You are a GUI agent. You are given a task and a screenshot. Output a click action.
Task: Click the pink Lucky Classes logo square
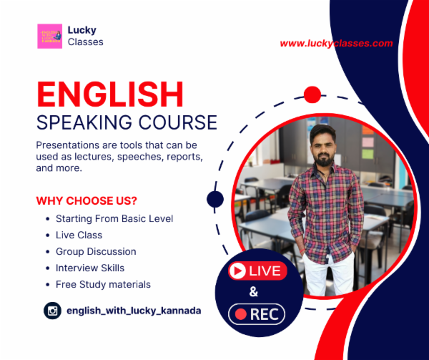[x=49, y=36]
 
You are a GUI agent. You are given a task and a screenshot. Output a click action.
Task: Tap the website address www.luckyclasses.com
[x=336, y=44]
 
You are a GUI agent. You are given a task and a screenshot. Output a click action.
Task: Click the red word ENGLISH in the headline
[x=110, y=94]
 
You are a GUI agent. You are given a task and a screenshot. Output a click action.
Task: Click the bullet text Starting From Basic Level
[x=114, y=218]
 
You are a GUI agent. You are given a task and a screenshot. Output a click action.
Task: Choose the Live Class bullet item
[x=79, y=235]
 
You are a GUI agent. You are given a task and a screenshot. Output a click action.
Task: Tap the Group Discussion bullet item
[x=96, y=251]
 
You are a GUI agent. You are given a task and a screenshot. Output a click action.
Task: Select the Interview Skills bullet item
[x=90, y=268]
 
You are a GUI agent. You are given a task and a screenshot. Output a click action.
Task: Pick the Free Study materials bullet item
[x=103, y=284]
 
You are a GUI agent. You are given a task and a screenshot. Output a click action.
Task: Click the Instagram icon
[x=52, y=311]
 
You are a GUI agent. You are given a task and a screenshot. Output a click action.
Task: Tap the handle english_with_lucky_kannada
[x=133, y=311]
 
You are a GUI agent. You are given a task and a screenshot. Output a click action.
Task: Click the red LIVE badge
[x=257, y=271]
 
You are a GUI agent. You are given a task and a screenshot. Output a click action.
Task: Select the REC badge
[x=257, y=313]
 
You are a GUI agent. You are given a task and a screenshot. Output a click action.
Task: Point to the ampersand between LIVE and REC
[x=253, y=292]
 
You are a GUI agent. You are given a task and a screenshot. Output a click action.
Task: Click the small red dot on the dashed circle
[x=312, y=94]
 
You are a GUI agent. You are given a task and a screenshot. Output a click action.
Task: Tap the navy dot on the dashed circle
[x=215, y=199]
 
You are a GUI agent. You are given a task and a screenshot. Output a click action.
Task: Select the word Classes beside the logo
[x=85, y=42]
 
